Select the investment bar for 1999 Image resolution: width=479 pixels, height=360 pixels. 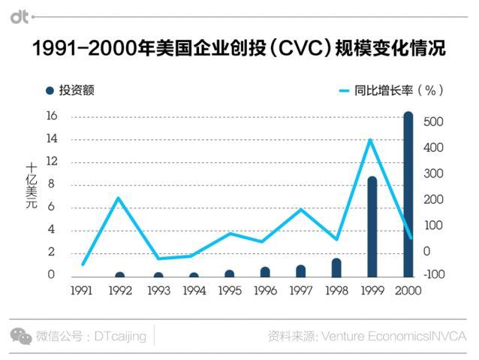click(372, 226)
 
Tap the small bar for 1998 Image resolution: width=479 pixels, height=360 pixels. click(336, 267)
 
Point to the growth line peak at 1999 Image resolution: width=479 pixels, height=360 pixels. click(370, 140)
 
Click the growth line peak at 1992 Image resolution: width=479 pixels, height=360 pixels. click(119, 198)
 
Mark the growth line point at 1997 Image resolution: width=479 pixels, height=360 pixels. click(300, 209)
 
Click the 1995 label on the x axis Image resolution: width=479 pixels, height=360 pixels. click(229, 290)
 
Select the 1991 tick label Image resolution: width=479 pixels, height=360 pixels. click(83, 290)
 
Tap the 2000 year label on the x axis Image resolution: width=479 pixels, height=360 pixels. click(408, 290)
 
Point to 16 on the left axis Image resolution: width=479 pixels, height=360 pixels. click(51, 116)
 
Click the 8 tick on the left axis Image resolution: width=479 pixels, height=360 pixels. click(51, 185)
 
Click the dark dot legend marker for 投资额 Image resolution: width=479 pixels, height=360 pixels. click(50, 91)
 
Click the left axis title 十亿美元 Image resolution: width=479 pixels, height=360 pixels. click(32, 185)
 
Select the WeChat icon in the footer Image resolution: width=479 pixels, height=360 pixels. click(20, 336)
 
